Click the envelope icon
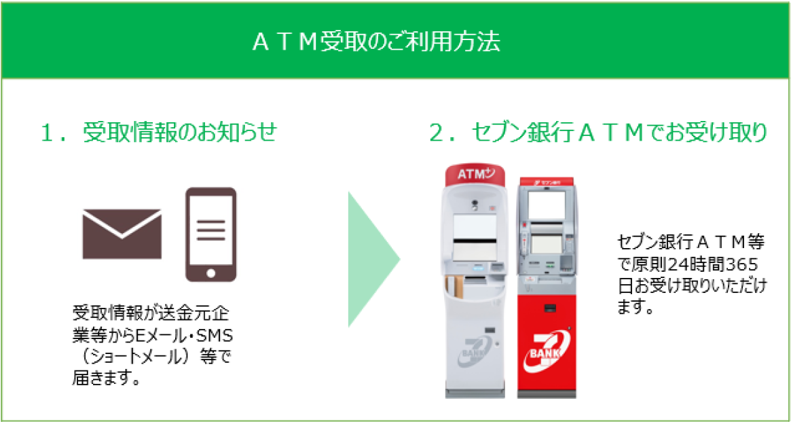pyautogui.click(x=122, y=233)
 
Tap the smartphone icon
pyautogui.click(x=211, y=234)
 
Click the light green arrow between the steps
pyautogui.click(x=372, y=259)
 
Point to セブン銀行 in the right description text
pyautogui.click(x=648, y=242)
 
